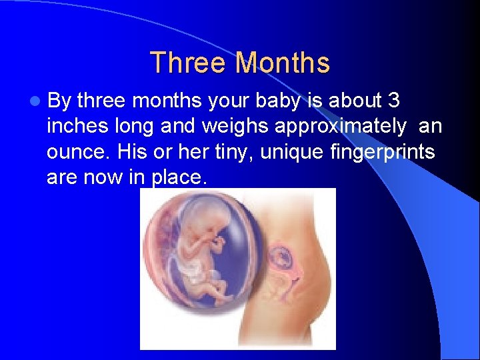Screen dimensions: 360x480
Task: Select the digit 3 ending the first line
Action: point(393,101)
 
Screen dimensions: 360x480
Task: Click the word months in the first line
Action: point(166,101)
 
